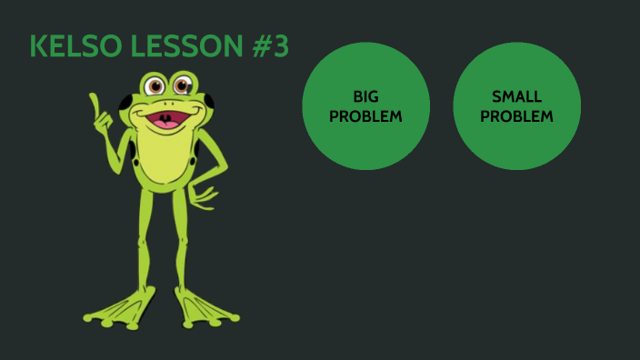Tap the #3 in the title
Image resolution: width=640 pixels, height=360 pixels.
[x=270, y=46]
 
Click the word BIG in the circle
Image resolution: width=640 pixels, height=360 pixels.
[x=365, y=96]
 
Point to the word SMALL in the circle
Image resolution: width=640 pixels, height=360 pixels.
[x=516, y=96]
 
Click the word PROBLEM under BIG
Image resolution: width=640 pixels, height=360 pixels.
[x=365, y=116]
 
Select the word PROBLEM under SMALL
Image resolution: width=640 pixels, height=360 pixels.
[x=516, y=116]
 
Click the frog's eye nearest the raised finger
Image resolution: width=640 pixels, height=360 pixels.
[x=155, y=87]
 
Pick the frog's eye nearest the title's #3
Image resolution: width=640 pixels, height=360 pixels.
[x=183, y=86]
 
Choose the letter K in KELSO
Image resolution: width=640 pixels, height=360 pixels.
[x=39, y=46]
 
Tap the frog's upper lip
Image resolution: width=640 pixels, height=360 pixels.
[x=166, y=111]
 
